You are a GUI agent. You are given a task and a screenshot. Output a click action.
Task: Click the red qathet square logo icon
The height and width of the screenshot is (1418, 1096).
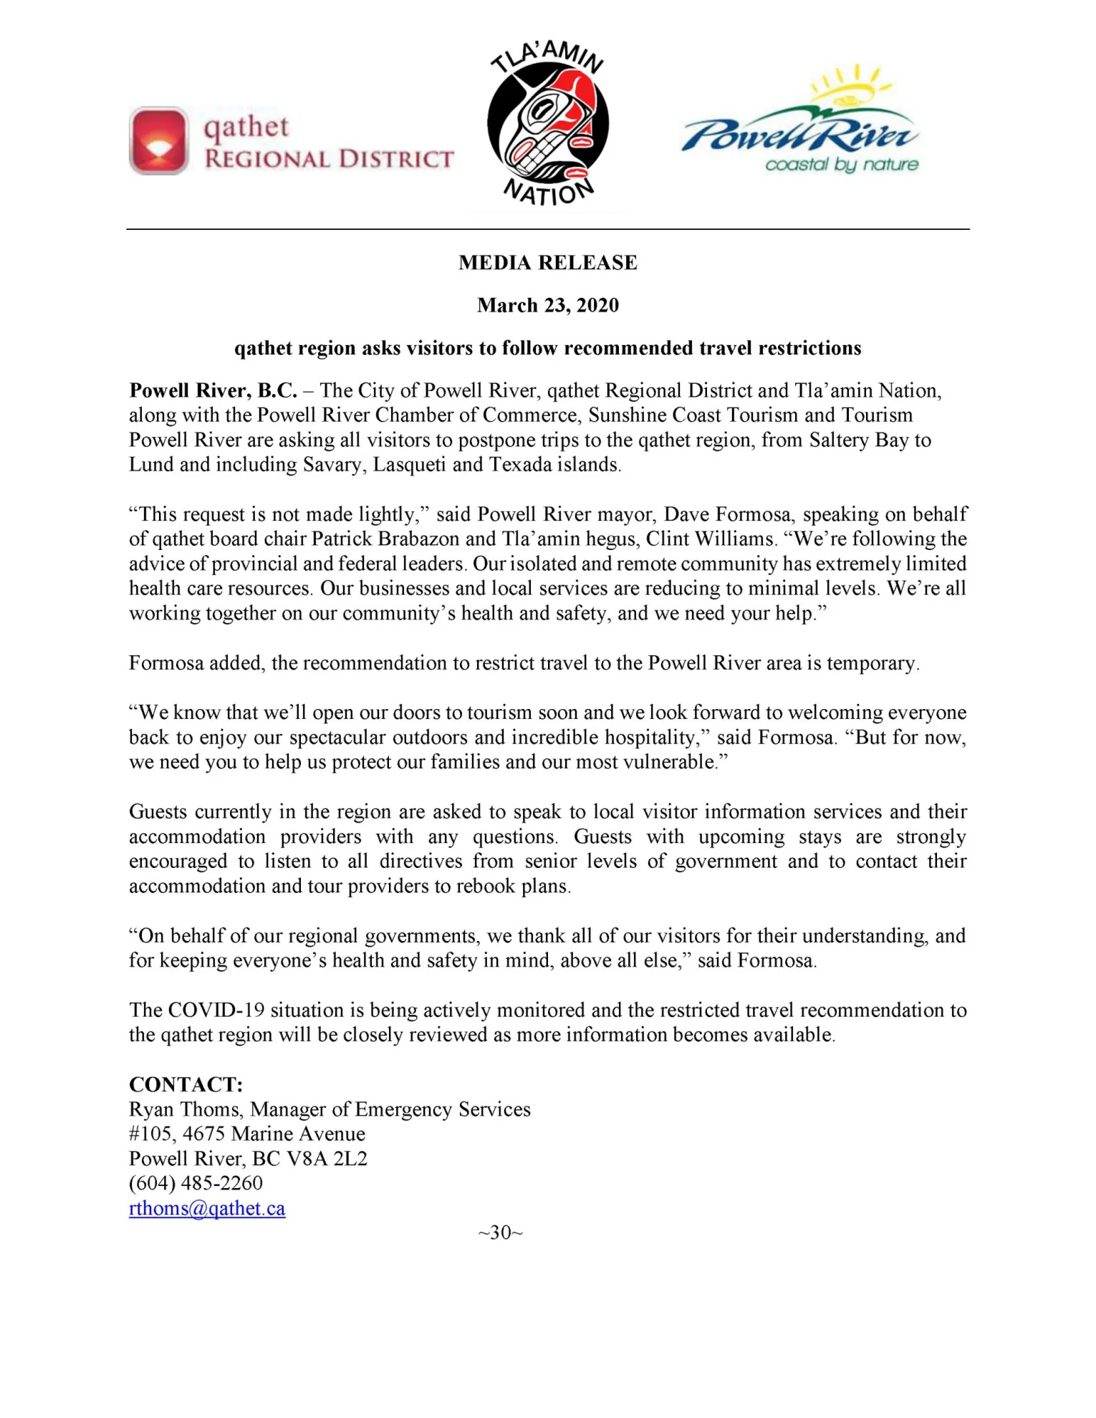click(159, 141)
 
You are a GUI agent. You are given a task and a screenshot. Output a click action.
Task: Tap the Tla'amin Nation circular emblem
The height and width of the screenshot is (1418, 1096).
click(548, 125)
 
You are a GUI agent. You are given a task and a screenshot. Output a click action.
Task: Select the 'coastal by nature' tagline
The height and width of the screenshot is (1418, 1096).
click(841, 165)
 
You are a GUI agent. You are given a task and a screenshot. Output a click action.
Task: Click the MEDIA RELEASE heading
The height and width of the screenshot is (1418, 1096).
click(548, 263)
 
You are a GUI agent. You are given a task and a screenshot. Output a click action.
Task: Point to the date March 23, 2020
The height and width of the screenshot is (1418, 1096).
click(548, 305)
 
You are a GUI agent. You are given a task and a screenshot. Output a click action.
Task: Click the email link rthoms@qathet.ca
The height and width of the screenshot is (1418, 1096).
click(207, 1208)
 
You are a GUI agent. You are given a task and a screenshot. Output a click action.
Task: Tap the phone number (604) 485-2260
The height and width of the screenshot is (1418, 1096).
click(196, 1183)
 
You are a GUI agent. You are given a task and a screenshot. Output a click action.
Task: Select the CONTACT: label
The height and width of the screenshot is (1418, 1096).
click(186, 1084)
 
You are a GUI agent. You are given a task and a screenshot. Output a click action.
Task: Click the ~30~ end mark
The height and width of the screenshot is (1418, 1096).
click(501, 1233)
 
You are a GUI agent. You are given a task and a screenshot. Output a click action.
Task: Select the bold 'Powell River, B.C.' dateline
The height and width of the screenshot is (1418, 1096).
click(213, 391)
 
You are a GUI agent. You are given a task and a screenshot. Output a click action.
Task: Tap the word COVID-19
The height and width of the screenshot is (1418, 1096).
click(216, 1011)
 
